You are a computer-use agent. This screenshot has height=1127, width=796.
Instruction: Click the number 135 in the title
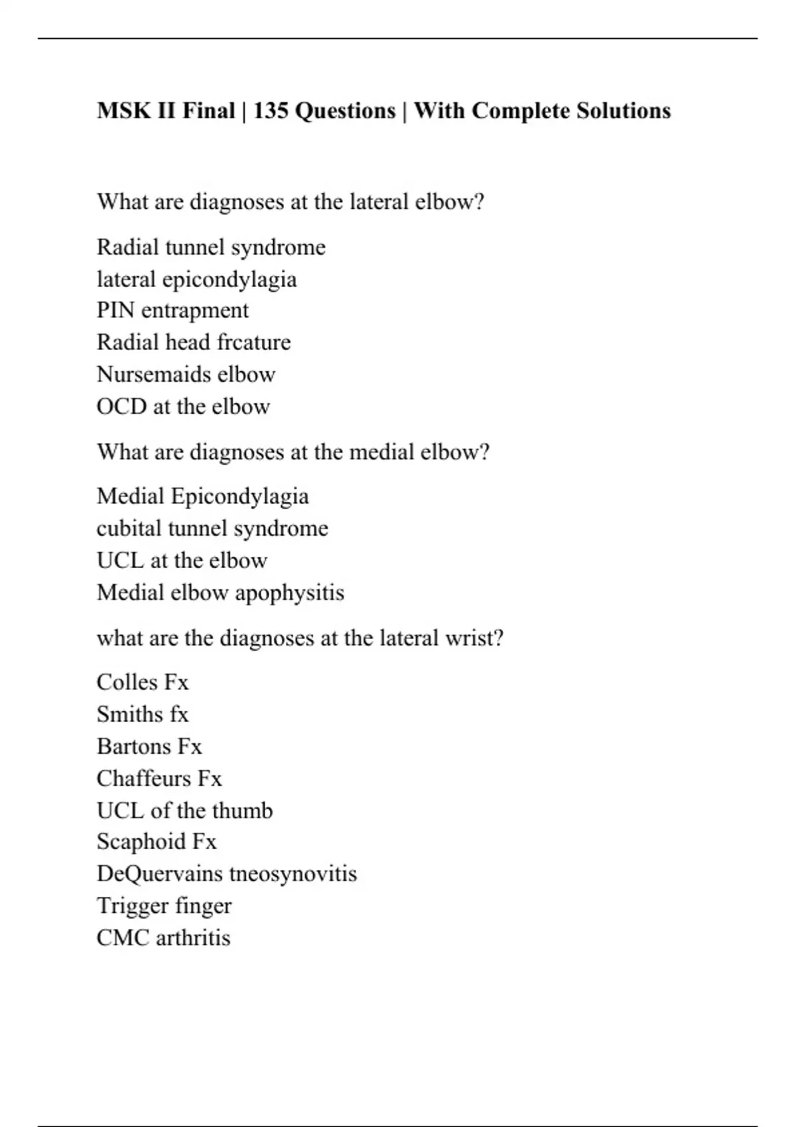pos(271,111)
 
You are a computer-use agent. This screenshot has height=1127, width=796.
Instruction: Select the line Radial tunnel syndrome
pos(211,247)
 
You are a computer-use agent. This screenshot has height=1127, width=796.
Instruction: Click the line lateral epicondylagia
pos(196,279)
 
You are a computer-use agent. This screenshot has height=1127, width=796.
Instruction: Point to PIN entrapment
pos(172,310)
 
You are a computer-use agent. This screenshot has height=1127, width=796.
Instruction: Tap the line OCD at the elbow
pos(183,406)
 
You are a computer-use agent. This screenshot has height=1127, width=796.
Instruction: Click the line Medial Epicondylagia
pos(202,497)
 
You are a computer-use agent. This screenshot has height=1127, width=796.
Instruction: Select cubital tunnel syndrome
pos(212,528)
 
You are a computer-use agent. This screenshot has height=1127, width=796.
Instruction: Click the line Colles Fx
pos(143,682)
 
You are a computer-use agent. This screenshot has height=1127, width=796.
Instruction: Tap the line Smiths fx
pos(143,714)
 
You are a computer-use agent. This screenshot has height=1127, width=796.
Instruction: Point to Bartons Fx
pos(149,746)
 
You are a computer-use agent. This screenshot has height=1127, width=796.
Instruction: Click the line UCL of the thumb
pos(184,810)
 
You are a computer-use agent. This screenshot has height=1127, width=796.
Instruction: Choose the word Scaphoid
pos(141,842)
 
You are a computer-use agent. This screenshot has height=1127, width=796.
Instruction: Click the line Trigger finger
pos(164,906)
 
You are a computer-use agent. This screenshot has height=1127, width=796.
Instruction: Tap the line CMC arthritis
pos(163,938)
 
